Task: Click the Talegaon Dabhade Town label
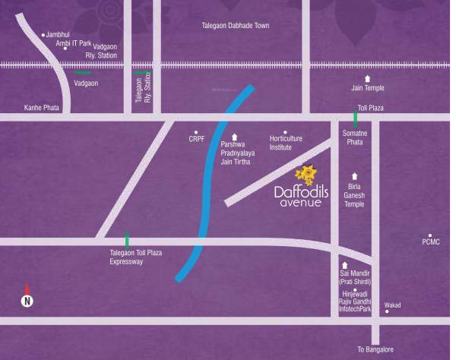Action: click(x=235, y=26)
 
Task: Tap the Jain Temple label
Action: click(x=368, y=88)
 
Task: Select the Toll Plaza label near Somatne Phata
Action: click(x=371, y=109)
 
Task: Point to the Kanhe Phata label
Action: click(x=41, y=108)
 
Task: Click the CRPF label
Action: click(x=198, y=139)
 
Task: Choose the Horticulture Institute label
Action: click(x=286, y=144)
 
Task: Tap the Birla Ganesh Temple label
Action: click(x=355, y=194)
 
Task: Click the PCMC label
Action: click(x=431, y=242)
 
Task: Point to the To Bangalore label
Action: click(x=375, y=349)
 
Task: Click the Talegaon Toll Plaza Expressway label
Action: click(x=137, y=257)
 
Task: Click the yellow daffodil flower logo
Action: click(x=306, y=175)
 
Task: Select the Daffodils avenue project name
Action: click(x=301, y=197)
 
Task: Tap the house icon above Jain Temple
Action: click(x=368, y=78)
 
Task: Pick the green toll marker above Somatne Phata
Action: click(x=355, y=118)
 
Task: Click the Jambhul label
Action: click(x=59, y=35)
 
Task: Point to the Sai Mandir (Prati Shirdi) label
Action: click(x=354, y=277)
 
